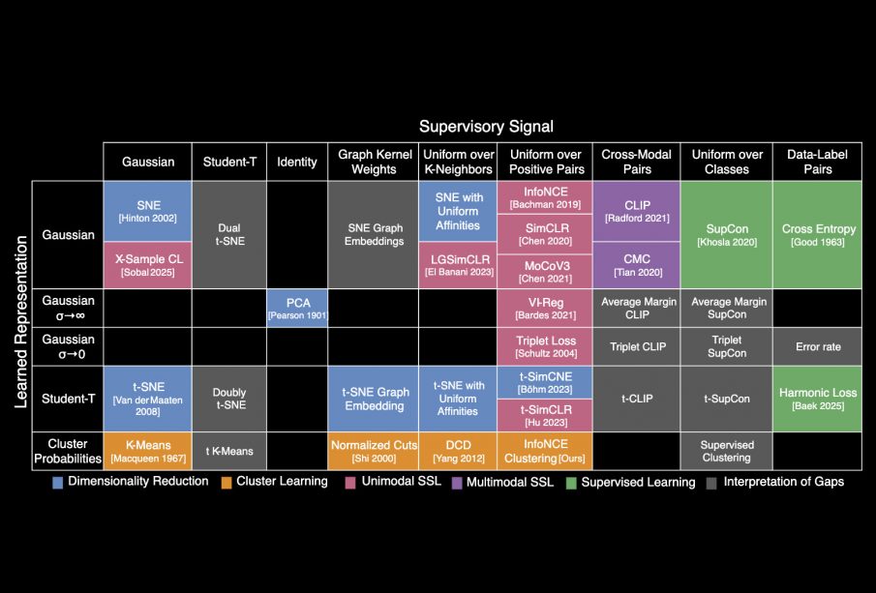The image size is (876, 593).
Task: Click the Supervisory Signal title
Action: click(486, 127)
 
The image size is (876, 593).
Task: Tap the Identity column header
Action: click(296, 162)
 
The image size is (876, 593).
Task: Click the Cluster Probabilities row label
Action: click(68, 451)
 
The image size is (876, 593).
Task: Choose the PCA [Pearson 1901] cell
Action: click(296, 308)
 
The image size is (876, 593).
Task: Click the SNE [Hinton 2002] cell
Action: click(147, 211)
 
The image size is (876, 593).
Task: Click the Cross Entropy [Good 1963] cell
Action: click(818, 234)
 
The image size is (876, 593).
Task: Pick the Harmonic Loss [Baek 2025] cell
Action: click(818, 399)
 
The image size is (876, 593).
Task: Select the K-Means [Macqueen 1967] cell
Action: click(147, 451)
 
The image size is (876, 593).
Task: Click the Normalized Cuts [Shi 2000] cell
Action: click(373, 451)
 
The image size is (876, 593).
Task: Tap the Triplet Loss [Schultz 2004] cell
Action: click(543, 346)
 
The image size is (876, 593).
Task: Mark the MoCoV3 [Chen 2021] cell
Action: click(543, 271)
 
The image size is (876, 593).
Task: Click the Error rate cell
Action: click(818, 346)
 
